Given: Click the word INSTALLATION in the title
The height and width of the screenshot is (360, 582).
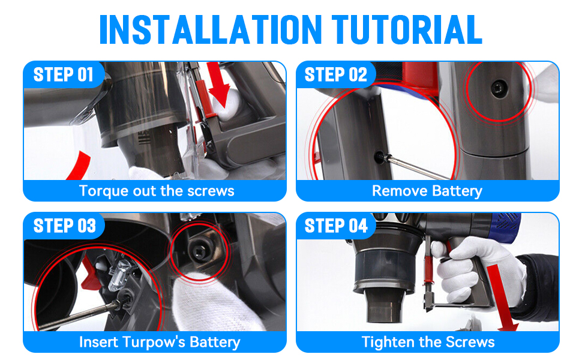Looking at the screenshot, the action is tap(211, 29).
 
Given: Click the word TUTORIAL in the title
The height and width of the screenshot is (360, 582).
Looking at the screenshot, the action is tap(407, 29).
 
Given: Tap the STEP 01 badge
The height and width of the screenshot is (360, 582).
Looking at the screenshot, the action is tap(63, 74).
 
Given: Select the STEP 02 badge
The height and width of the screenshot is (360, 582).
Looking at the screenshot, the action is tap(335, 74).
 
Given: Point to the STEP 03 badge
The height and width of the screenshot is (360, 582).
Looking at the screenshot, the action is tap(64, 226).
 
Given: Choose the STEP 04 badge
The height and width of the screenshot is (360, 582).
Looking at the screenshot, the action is tap(336, 226).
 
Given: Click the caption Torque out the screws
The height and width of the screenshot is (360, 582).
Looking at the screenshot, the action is tap(157, 191).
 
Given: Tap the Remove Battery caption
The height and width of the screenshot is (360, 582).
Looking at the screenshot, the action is tap(427, 191).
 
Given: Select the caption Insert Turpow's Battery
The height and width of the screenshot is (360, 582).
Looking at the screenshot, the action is tap(160, 342).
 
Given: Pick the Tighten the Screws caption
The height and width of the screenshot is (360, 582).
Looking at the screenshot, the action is tap(428, 342).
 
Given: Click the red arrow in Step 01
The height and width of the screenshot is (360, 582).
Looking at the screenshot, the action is tap(219, 85).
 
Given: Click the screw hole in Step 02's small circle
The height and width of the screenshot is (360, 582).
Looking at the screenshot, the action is tap(497, 89).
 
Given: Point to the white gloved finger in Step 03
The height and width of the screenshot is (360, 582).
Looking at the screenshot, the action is tap(208, 301).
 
